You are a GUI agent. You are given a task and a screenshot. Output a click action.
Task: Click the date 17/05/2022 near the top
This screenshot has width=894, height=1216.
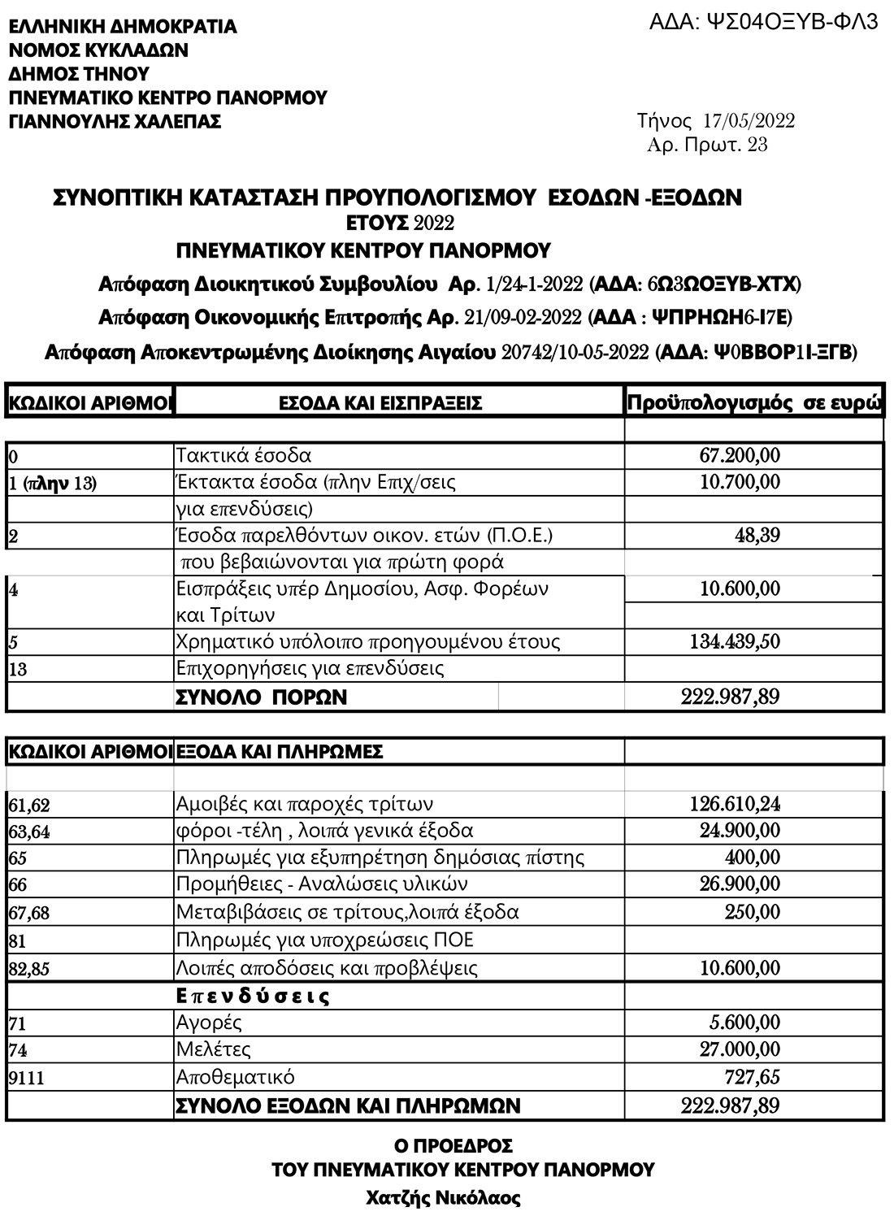pyautogui.click(x=749, y=122)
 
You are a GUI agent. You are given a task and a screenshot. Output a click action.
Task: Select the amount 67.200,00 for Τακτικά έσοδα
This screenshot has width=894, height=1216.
pyautogui.click(x=740, y=455)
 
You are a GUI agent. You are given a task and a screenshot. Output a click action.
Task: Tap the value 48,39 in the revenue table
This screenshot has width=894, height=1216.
pyautogui.click(x=757, y=536)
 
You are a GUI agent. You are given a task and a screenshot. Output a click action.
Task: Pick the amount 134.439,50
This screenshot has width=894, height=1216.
pyautogui.click(x=735, y=642)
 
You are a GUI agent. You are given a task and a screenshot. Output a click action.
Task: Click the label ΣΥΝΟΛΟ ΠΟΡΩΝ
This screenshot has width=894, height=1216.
pyautogui.click(x=261, y=697)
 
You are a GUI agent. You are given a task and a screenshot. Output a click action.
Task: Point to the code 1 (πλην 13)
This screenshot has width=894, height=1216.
pyautogui.click(x=52, y=484)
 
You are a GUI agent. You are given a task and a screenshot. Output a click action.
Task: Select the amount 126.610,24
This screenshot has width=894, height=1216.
pyautogui.click(x=735, y=805)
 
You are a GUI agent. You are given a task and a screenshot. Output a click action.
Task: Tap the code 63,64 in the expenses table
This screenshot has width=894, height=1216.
pyautogui.click(x=29, y=832)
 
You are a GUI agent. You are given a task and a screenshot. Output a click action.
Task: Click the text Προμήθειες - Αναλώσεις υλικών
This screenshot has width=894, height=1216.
pyautogui.click(x=322, y=884)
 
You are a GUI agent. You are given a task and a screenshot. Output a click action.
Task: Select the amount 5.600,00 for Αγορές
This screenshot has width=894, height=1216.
pyautogui.click(x=744, y=1023)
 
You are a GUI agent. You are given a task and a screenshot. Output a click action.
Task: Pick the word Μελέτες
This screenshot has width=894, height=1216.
pyautogui.click(x=213, y=1049)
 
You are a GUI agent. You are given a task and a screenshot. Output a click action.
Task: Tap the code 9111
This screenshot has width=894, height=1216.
pyautogui.click(x=26, y=1079)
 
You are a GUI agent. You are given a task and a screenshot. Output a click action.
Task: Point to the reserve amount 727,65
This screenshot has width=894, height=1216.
pyautogui.click(x=752, y=1078)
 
